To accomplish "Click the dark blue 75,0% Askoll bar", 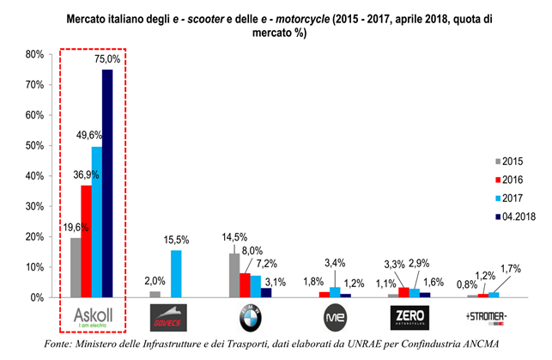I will [107, 183].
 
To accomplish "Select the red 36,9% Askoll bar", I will [86, 241].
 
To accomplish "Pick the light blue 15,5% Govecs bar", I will [176, 273].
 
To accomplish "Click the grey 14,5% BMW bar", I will [234, 275].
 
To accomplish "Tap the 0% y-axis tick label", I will [38, 297].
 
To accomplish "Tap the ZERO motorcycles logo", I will [405, 319].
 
